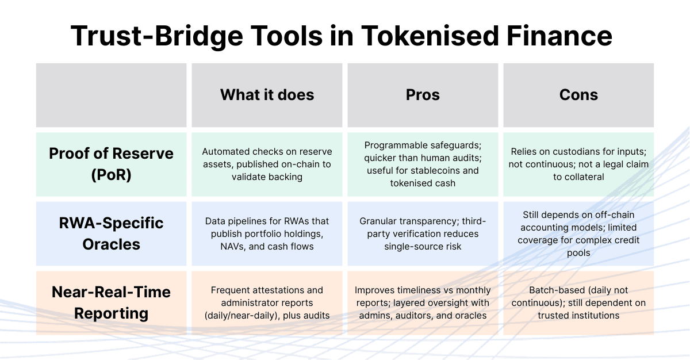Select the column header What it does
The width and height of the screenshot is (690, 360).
(x=267, y=95)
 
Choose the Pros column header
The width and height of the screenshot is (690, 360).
(x=423, y=95)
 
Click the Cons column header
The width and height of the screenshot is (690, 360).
(x=578, y=95)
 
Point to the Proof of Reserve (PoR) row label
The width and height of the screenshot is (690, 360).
(x=111, y=164)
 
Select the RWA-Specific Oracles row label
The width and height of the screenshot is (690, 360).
(x=111, y=233)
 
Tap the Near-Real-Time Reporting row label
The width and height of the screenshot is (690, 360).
(x=111, y=302)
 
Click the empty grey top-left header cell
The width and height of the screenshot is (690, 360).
(x=111, y=95)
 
